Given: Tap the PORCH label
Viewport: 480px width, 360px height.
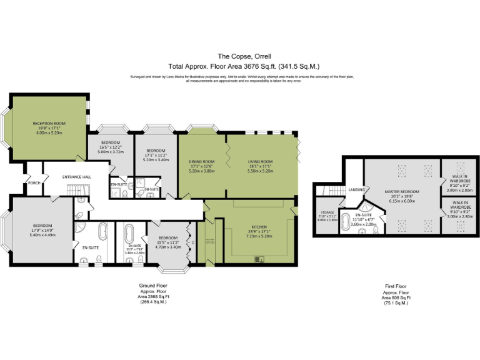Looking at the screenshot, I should click(34, 183).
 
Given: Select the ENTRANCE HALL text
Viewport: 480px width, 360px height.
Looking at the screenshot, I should click(77, 177).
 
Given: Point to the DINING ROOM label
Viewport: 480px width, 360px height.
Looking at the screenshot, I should click(201, 162).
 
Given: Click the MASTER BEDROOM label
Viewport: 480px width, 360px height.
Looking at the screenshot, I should click(402, 191).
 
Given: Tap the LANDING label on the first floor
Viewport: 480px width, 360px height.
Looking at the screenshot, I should click(356, 189).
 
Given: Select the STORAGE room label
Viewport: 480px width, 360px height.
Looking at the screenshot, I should click(327, 212).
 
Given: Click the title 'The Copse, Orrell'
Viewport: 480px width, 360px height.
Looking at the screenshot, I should click(240, 56).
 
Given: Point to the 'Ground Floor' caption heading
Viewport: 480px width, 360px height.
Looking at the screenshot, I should click(153, 286).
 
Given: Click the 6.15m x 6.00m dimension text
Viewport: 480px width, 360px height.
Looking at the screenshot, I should click(402, 201).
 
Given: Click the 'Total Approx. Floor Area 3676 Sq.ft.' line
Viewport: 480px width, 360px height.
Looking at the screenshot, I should click(240, 66).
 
